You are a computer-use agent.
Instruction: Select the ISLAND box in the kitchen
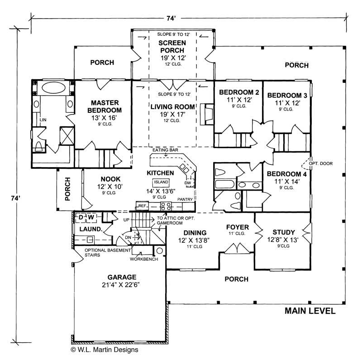[161, 182]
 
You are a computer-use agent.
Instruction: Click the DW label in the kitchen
[188, 183]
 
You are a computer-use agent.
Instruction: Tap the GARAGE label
[122, 277]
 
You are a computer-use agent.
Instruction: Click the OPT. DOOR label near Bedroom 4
[319, 160]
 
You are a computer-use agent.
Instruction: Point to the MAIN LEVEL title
[310, 311]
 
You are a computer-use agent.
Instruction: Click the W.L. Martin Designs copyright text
[104, 350]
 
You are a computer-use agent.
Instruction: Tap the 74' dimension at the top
[171, 19]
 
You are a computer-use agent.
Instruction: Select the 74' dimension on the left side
[17, 198]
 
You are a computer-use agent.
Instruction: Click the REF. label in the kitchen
[142, 206]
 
